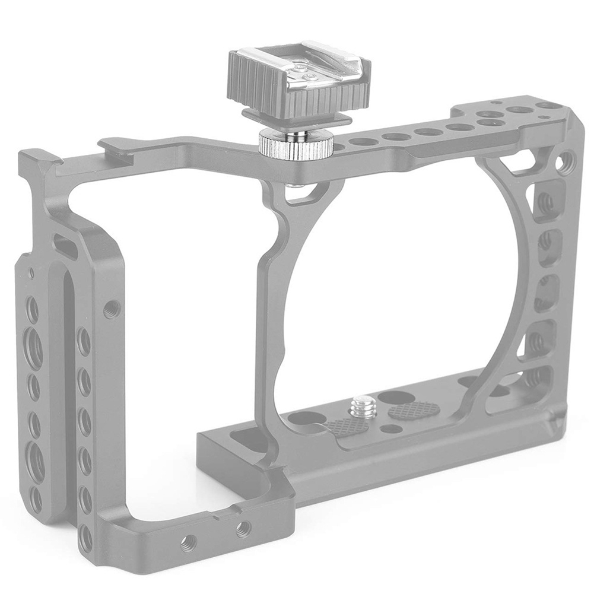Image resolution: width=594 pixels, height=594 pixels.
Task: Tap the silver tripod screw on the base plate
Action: [x=360, y=408]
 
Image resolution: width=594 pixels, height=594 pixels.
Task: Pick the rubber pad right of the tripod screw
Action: [x=414, y=409]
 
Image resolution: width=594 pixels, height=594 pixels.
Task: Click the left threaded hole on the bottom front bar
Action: [x=189, y=540]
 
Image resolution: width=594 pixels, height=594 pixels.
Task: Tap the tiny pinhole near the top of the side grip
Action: [x=30, y=273]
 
